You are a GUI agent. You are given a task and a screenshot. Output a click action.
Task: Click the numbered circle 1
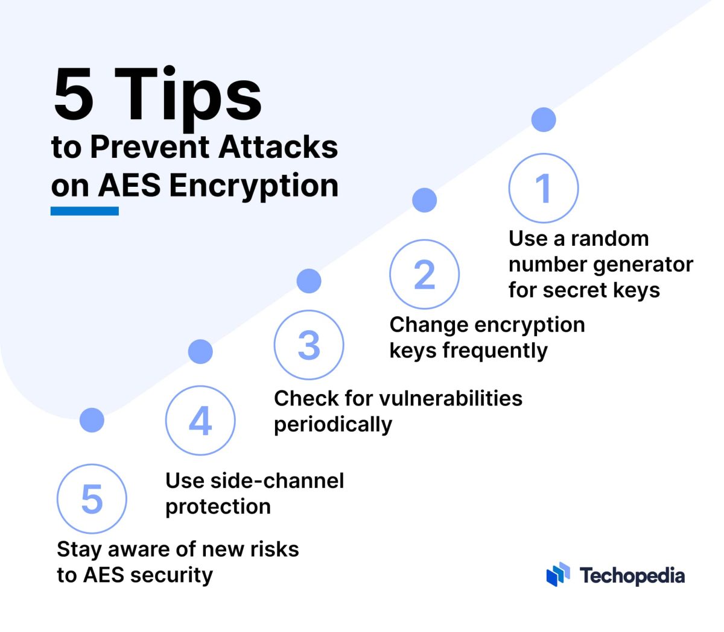tap(544, 188)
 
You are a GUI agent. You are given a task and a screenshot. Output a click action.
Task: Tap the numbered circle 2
tap(424, 275)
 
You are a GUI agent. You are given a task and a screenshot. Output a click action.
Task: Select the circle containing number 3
tap(309, 345)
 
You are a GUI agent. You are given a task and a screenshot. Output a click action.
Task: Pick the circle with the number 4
tap(200, 421)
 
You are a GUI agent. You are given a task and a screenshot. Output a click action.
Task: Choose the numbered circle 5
tap(92, 499)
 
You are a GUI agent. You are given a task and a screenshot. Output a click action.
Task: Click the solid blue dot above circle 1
tap(544, 120)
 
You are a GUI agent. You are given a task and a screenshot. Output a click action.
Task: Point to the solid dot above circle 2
tap(424, 200)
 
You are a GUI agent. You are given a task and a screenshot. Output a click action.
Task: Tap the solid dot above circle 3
tap(309, 281)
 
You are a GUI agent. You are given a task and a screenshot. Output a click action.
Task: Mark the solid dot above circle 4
tap(200, 352)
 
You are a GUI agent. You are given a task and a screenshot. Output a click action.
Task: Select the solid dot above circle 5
tap(92, 420)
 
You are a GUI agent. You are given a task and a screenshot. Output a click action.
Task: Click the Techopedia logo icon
tap(558, 575)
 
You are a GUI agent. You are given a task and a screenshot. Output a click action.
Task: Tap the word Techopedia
tap(632, 576)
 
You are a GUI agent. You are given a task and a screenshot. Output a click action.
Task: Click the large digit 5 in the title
tap(74, 94)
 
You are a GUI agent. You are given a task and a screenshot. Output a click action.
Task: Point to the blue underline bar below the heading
tap(84, 211)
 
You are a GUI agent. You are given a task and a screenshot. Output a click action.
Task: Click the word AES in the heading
tap(129, 185)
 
